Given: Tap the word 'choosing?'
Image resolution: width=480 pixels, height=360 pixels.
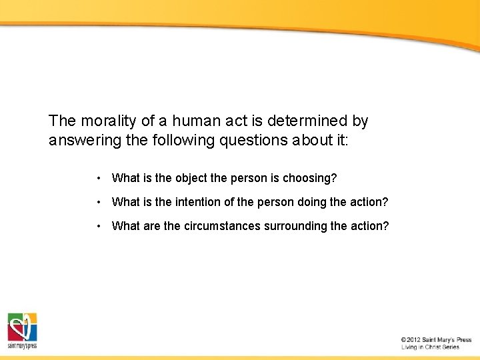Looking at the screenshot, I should [310, 178].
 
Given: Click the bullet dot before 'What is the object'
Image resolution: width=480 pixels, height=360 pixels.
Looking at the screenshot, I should [98, 178].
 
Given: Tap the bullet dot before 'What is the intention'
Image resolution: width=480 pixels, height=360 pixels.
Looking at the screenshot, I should [98, 202].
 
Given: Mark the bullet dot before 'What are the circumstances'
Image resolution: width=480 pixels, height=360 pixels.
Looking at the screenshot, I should [98, 226].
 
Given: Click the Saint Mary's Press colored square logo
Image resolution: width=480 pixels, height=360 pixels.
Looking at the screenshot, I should [22, 327].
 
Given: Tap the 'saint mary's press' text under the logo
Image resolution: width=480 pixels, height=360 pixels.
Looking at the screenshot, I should [22, 346].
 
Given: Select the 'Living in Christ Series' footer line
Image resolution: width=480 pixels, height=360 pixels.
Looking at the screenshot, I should [430, 347].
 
